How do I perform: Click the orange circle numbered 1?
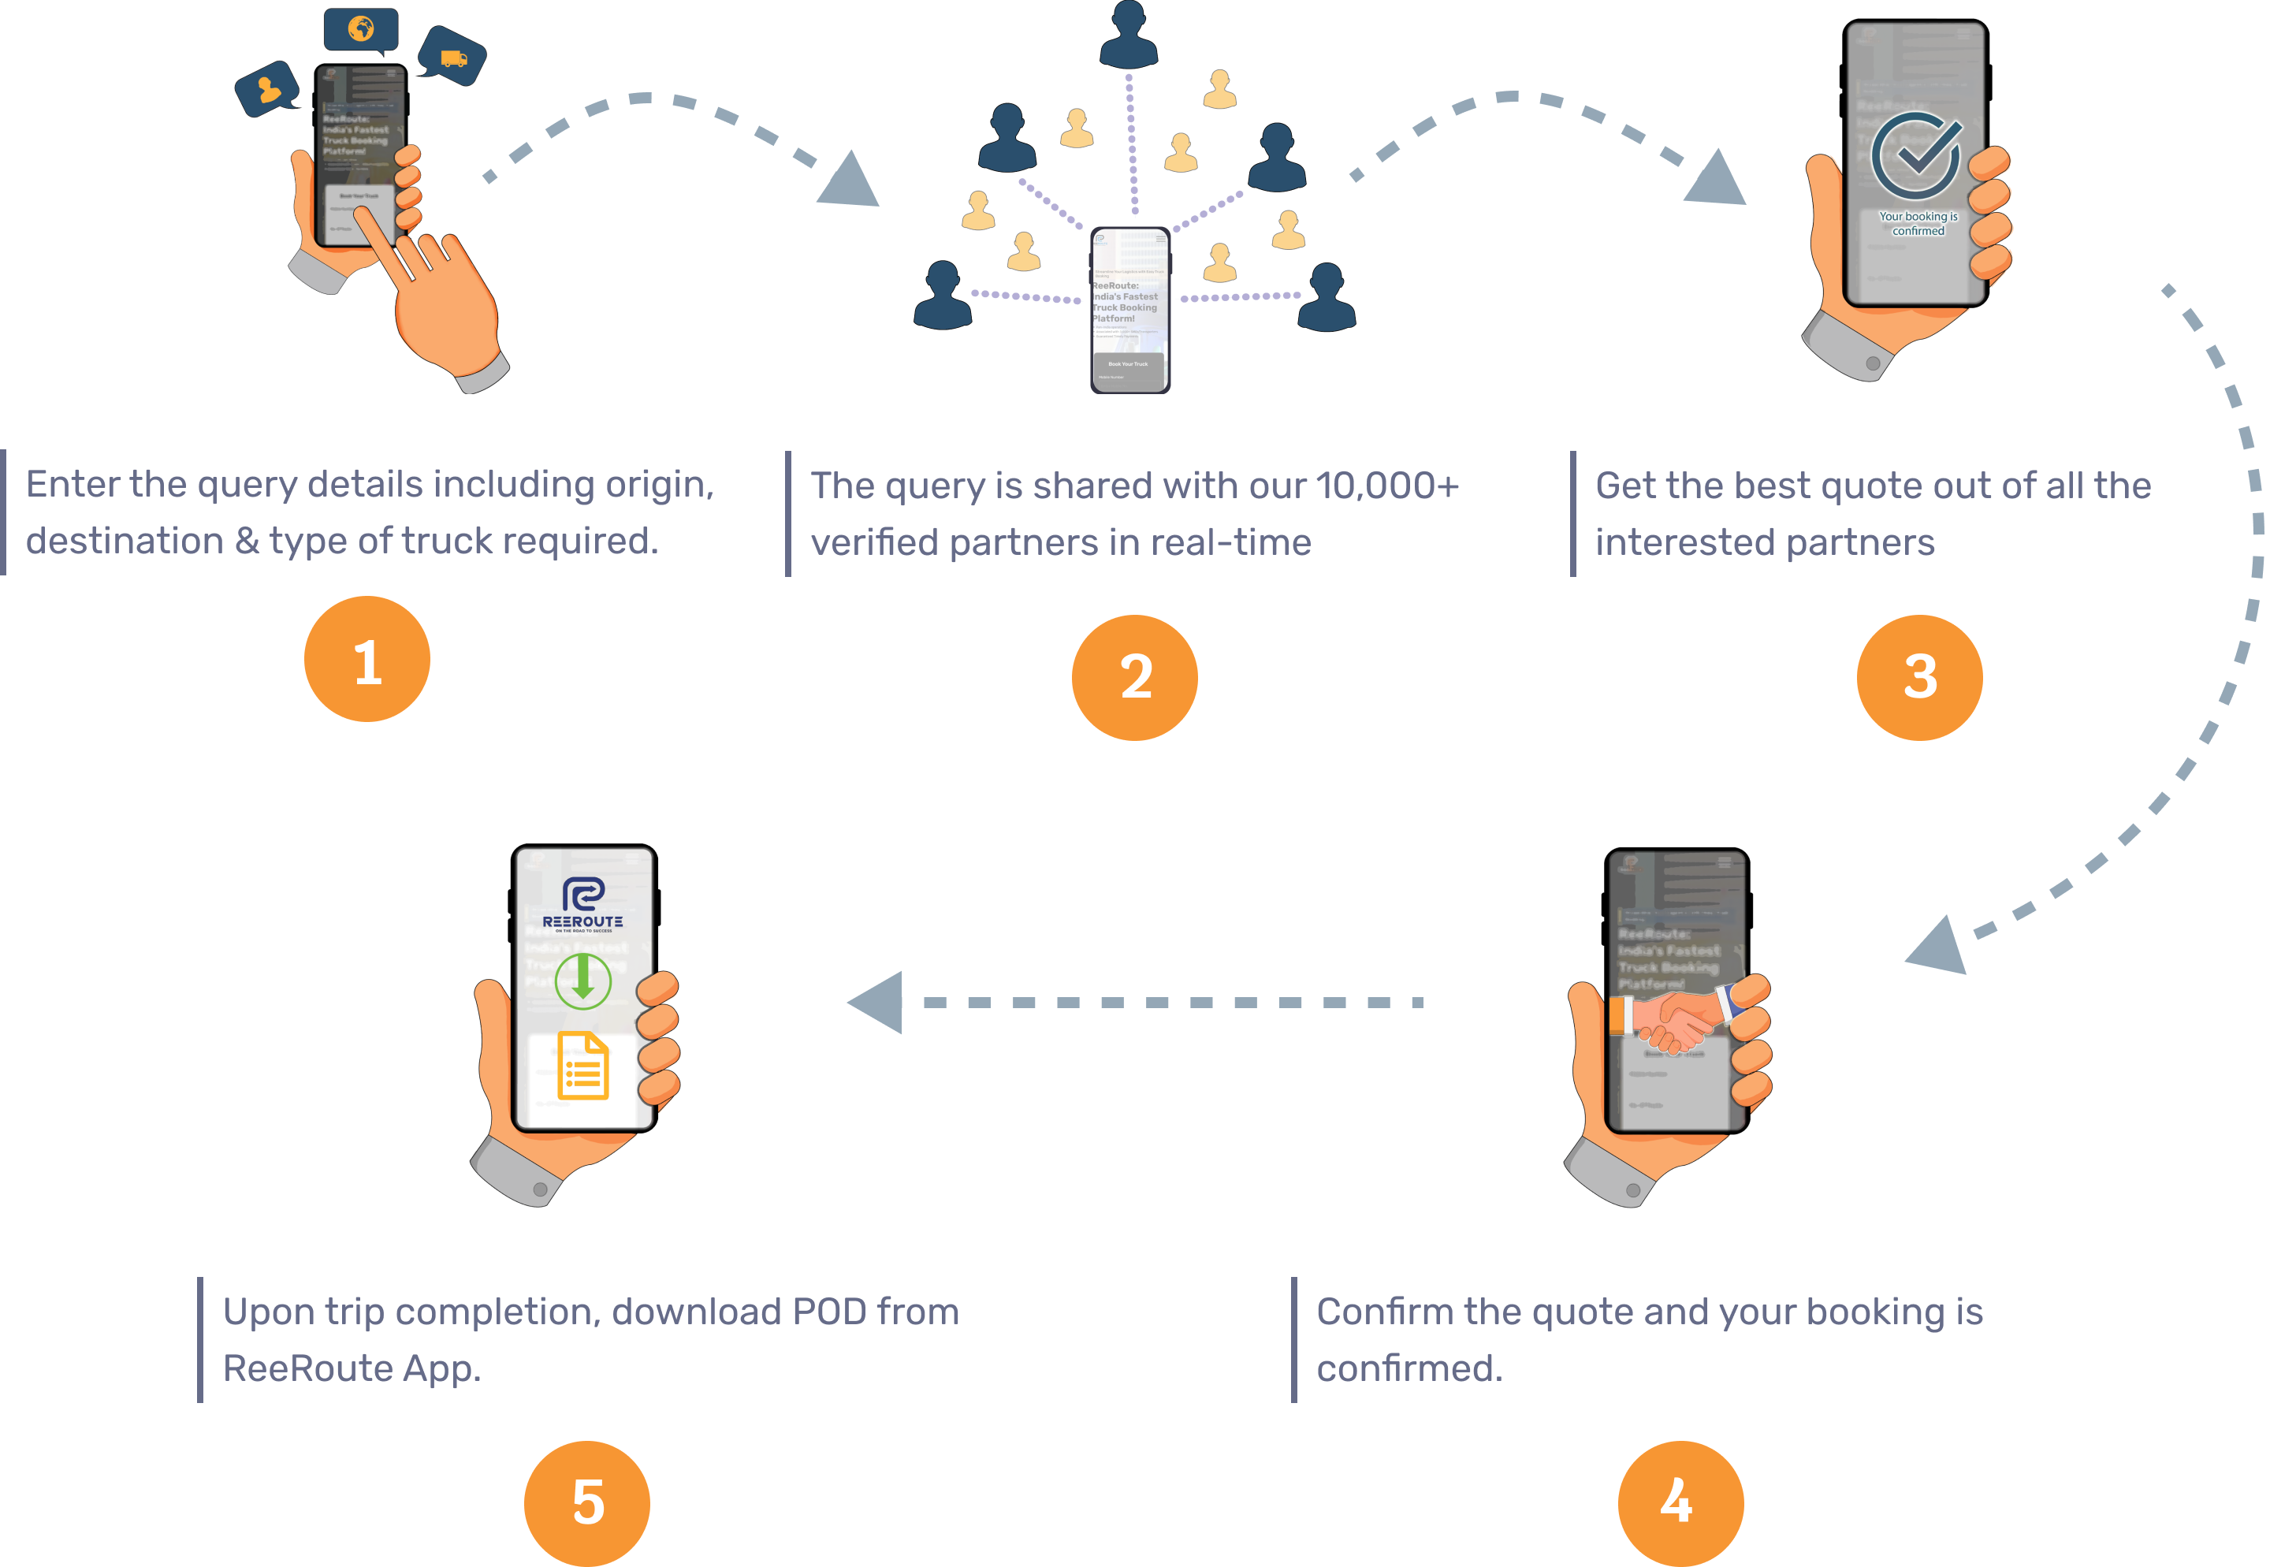click(x=367, y=659)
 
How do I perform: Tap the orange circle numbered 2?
click(x=1134, y=677)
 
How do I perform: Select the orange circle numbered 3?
click(x=1918, y=677)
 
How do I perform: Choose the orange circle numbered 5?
click(x=586, y=1502)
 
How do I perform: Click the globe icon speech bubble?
click(x=361, y=28)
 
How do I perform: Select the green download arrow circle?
click(x=583, y=980)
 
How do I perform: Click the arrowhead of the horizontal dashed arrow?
click(x=876, y=1003)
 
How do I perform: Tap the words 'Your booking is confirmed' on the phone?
click(x=1918, y=224)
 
